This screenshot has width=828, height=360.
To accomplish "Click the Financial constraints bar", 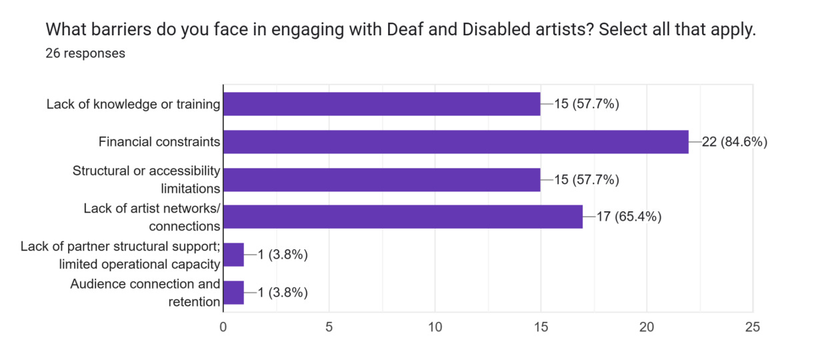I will pyautogui.click(x=455, y=141).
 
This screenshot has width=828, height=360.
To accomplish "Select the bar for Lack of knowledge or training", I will pyautogui.click(x=381, y=104).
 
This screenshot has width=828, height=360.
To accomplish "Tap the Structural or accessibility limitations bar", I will pyautogui.click(x=381, y=179).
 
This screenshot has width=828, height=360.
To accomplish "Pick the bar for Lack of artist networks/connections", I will pyautogui.click(x=403, y=217).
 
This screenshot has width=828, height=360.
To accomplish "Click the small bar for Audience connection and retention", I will pyautogui.click(x=233, y=293).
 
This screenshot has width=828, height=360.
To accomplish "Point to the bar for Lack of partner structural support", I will pyautogui.click(x=233, y=255).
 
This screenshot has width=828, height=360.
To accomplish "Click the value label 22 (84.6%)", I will pyautogui.click(x=734, y=141).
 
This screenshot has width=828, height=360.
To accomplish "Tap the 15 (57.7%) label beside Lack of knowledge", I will pyautogui.click(x=586, y=104).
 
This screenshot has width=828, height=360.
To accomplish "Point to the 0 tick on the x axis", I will pyautogui.click(x=223, y=327).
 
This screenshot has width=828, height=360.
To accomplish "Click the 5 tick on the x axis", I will pyautogui.click(x=329, y=327).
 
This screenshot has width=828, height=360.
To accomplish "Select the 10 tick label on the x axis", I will pyautogui.click(x=435, y=327).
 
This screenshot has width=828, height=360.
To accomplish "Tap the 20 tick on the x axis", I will pyautogui.click(x=647, y=327).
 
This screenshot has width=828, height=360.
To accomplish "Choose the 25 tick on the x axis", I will pyautogui.click(x=753, y=327).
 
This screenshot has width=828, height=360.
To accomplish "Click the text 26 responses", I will pyautogui.click(x=85, y=53).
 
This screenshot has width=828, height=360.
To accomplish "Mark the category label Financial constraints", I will pyautogui.click(x=159, y=141).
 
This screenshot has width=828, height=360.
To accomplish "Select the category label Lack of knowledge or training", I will pyautogui.click(x=133, y=104).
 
